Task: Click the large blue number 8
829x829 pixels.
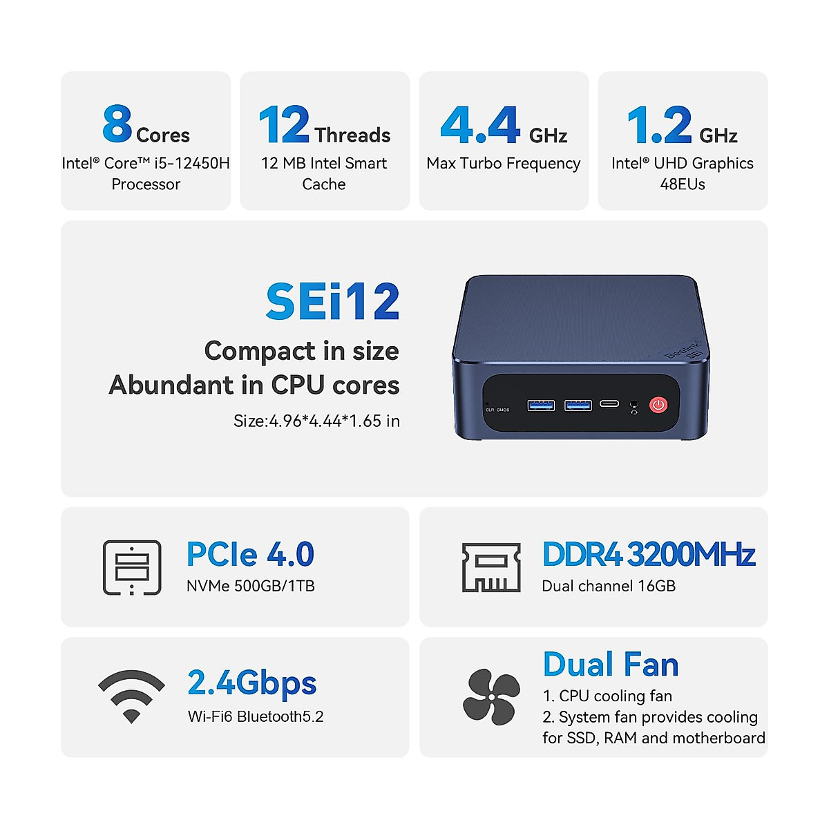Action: [x=117, y=124]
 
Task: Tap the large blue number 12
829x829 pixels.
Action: [x=284, y=125]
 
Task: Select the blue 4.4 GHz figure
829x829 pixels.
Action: [x=480, y=125]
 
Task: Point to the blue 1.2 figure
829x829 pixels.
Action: [x=659, y=125]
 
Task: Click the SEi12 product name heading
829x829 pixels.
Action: [x=332, y=302]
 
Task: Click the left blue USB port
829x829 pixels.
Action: [x=541, y=405]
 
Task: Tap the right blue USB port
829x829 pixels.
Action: [x=578, y=405]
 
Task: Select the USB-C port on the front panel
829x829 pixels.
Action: [x=609, y=403]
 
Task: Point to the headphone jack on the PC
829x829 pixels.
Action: [x=634, y=404]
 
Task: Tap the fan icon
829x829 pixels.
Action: [x=491, y=697]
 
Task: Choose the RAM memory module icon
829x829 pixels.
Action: [x=491, y=567]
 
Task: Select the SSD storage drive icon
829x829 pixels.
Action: [x=132, y=567]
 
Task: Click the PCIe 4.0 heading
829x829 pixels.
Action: [x=250, y=555]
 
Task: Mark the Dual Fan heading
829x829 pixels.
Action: [x=611, y=665]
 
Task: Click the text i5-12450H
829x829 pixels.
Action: [x=192, y=164]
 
